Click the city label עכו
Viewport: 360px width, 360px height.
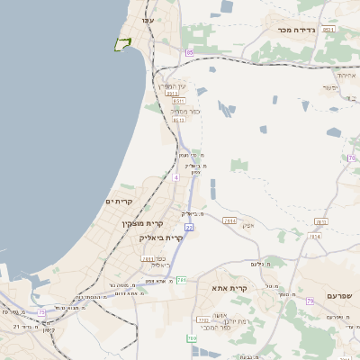tap(148, 20)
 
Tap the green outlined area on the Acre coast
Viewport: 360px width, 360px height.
tap(122, 43)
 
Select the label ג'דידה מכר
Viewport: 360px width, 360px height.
tap(297, 30)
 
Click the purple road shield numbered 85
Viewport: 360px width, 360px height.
tap(189, 53)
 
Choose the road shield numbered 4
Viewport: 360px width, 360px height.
tap(176, 177)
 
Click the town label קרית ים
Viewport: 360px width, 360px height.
tap(119, 201)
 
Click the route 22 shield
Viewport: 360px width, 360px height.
tap(189, 227)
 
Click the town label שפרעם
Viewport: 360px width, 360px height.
tap(340, 295)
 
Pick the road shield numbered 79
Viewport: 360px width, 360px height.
tap(309, 301)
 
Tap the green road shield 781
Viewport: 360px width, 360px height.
tap(181, 280)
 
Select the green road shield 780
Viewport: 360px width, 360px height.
tap(192, 338)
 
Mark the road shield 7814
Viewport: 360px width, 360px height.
tap(315, 237)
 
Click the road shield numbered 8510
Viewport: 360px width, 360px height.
tap(328, 30)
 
